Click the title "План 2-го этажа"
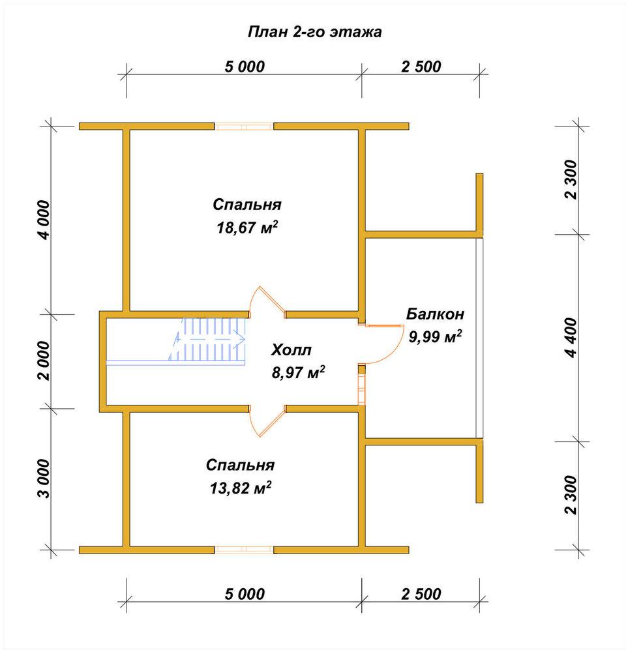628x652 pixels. (314, 32)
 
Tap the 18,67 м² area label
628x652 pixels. (247, 228)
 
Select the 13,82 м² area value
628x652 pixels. (241, 487)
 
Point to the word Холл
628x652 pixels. (291, 349)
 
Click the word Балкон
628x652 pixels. (435, 314)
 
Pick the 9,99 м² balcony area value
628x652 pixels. (435, 336)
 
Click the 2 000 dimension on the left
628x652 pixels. (44, 361)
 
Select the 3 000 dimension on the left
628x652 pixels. (44, 479)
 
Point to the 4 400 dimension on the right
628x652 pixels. (571, 337)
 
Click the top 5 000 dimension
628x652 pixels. (245, 67)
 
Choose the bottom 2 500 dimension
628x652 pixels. (421, 594)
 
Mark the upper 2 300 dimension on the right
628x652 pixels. (571, 180)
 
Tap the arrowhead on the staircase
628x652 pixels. (239, 339)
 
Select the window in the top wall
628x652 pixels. (244, 126)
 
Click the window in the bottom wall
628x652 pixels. (244, 550)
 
